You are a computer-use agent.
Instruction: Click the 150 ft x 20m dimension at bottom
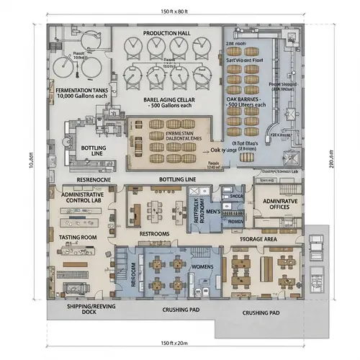click(179, 341)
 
